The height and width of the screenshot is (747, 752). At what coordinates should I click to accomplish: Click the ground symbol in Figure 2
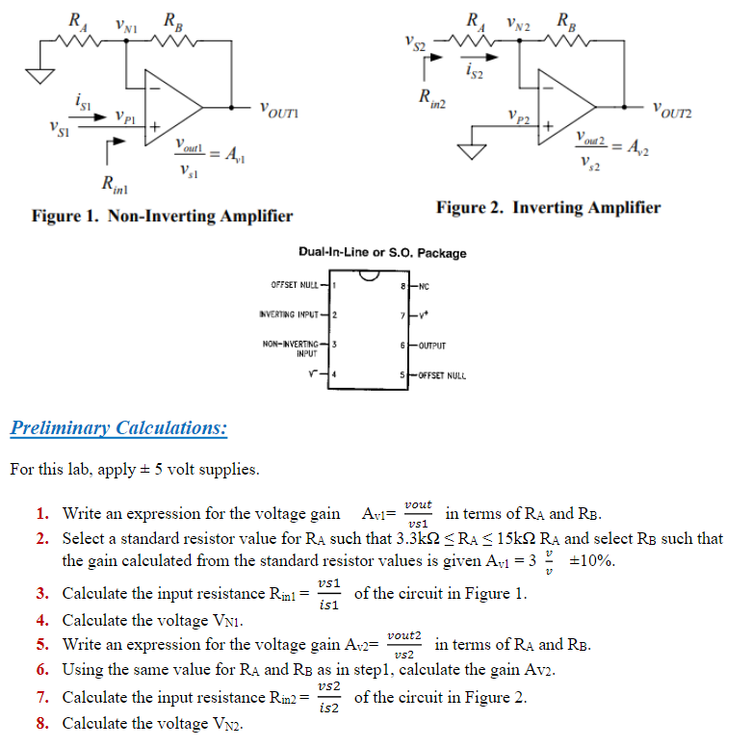click(472, 151)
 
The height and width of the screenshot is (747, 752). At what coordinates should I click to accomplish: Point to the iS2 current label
click(475, 70)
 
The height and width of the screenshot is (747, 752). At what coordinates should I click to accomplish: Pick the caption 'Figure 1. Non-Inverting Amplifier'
click(162, 216)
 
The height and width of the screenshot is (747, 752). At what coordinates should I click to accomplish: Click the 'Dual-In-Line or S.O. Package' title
click(382, 253)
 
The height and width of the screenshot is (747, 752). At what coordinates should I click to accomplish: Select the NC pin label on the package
click(426, 287)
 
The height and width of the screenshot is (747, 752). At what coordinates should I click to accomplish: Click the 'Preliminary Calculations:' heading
click(118, 427)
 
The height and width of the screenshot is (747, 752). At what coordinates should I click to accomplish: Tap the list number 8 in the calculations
click(42, 723)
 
